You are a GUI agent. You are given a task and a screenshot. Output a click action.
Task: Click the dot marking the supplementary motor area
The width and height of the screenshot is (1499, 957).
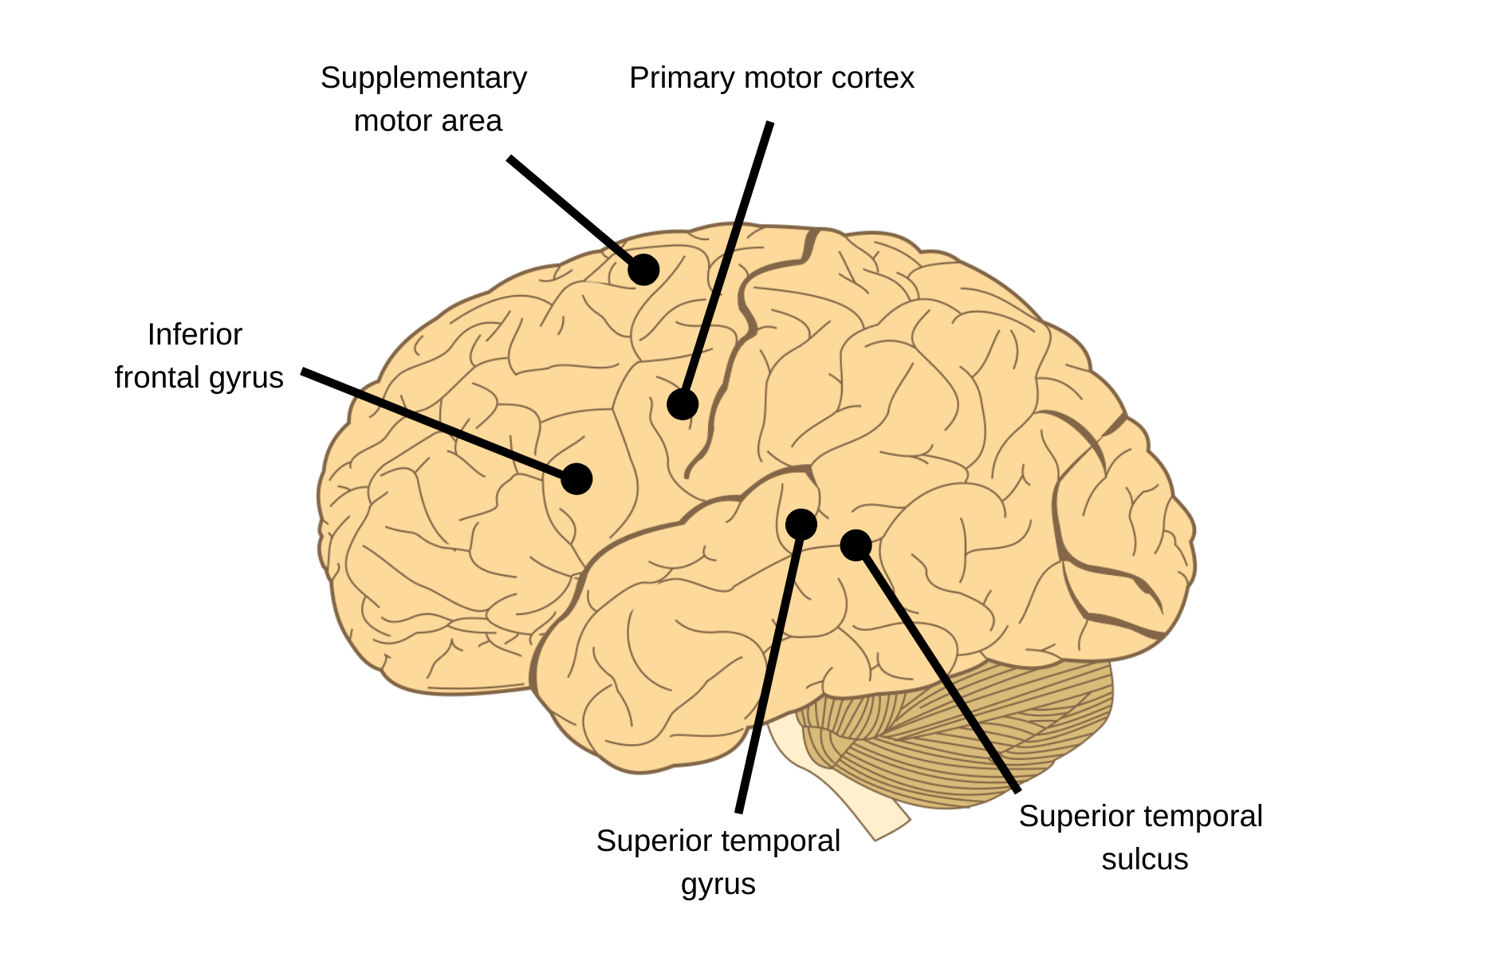point(643,270)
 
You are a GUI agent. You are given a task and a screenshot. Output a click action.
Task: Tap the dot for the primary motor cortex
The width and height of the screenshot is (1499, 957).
point(683,404)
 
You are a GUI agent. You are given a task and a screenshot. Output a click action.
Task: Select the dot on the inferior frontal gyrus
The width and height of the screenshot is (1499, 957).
point(576,478)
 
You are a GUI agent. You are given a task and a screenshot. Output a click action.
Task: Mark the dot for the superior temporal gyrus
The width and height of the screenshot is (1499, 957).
point(801,524)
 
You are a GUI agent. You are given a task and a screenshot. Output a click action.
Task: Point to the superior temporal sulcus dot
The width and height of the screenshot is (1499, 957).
point(856,545)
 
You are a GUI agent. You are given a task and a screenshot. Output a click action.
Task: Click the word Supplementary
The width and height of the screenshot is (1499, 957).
point(423,78)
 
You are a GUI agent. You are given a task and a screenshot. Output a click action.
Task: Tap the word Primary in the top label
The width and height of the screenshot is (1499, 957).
point(682,78)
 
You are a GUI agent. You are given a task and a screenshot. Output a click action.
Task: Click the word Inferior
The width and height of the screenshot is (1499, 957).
point(195,335)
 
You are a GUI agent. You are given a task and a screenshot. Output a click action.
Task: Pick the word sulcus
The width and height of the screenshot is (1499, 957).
point(1144,860)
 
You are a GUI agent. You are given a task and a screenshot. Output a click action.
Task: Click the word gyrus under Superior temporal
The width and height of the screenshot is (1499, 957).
point(718,884)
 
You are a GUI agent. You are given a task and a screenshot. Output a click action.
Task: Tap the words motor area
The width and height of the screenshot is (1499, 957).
point(427,121)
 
